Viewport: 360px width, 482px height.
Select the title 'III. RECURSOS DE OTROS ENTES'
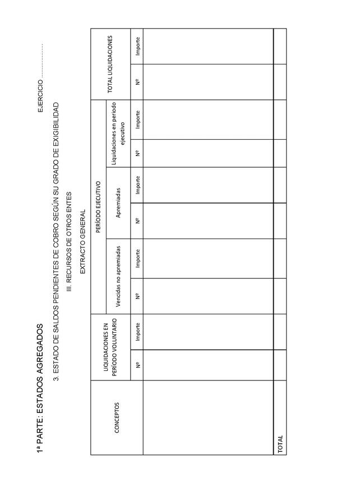70,242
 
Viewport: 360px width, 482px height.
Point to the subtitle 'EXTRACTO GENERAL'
83,242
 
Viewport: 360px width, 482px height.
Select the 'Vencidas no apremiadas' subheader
118,276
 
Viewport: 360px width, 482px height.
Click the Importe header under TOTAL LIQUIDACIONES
137,47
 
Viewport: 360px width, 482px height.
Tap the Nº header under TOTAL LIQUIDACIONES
137,81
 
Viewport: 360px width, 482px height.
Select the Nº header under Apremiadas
137,221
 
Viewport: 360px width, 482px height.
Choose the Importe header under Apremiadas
137,185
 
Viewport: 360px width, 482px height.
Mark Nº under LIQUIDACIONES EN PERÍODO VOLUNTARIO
137,365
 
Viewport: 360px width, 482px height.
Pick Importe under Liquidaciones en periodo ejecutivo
137,119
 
